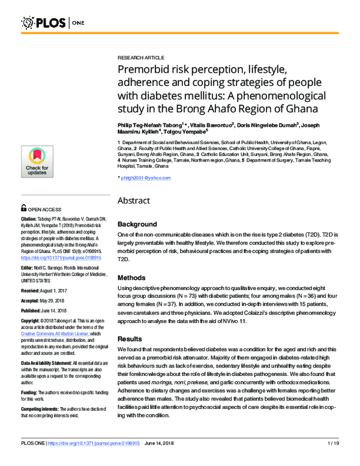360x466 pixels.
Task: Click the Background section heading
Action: pyautogui.click(x=137, y=223)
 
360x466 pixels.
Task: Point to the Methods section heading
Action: pyautogui.click(x=133, y=278)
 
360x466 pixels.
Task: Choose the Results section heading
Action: pyautogui.click(x=131, y=339)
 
